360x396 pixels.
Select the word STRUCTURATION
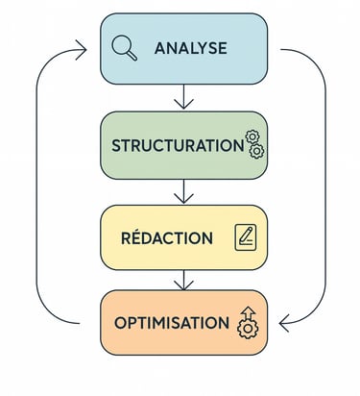click(178, 146)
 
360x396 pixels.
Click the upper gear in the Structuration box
click(252, 138)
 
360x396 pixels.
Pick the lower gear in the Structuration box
click(256, 152)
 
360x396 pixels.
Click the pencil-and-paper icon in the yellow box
click(246, 236)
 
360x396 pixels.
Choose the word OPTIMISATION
click(172, 323)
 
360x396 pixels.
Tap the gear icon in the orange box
click(248, 328)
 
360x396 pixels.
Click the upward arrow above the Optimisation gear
click(249, 312)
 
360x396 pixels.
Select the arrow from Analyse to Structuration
click(184, 96)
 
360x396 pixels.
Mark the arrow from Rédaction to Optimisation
click(184, 278)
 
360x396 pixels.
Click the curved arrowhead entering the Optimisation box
click(277, 323)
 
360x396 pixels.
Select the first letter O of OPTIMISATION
click(120, 323)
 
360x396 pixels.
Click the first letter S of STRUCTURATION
click(117, 146)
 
